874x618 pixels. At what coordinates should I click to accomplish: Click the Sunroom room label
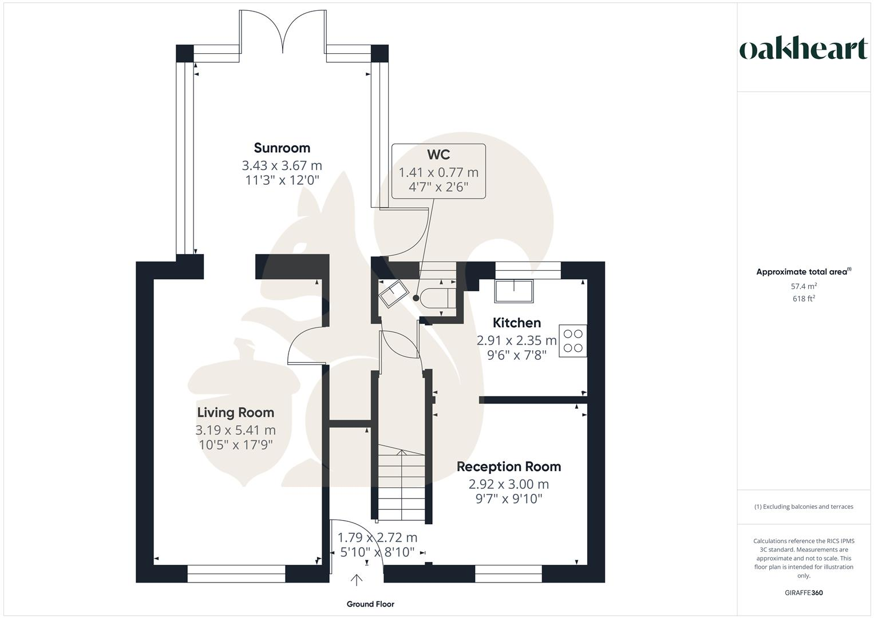point(282,148)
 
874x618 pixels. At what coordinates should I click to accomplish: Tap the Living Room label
point(235,413)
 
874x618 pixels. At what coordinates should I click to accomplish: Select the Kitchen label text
point(516,323)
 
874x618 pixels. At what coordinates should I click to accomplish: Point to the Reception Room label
point(508,467)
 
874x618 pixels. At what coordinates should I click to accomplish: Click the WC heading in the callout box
point(438,154)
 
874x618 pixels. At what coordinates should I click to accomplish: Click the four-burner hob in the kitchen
point(572,340)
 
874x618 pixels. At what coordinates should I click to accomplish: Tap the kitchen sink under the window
point(513,291)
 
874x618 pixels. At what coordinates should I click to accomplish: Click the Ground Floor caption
point(370,604)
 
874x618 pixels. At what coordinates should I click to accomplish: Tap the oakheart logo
point(804,49)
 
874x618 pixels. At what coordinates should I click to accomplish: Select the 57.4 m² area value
point(804,286)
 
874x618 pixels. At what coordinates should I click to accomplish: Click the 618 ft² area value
point(804,299)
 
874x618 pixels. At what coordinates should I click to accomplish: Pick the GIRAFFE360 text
point(804,593)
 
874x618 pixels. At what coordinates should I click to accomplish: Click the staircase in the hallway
point(401,484)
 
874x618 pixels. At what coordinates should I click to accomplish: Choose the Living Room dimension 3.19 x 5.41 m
point(235,430)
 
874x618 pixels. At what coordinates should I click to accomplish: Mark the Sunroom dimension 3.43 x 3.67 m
point(282,166)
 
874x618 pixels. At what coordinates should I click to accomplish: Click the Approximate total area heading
point(804,272)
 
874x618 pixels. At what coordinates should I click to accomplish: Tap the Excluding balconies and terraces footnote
point(804,506)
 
